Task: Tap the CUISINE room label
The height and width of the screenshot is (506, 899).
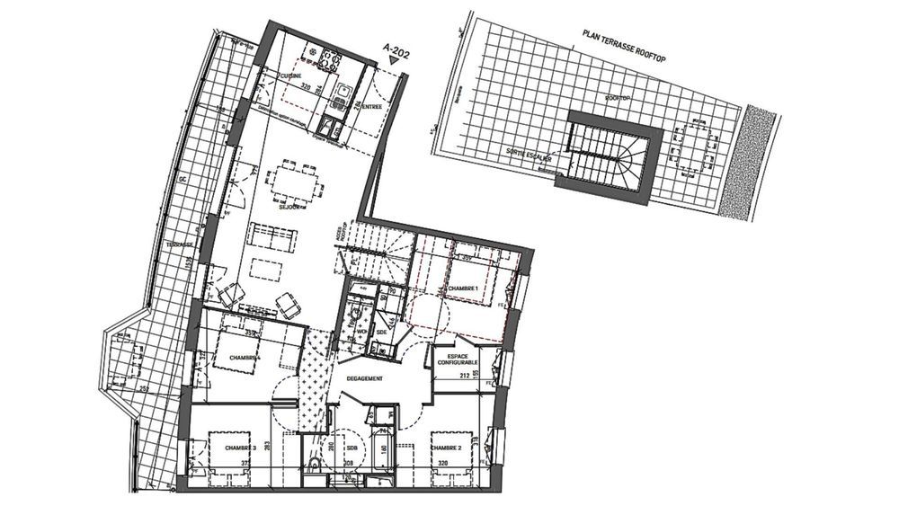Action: pyautogui.click(x=289, y=76)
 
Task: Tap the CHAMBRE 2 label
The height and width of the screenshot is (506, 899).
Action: pyautogui.click(x=446, y=447)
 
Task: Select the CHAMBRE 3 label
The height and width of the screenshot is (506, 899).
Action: pyautogui.click(x=240, y=447)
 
